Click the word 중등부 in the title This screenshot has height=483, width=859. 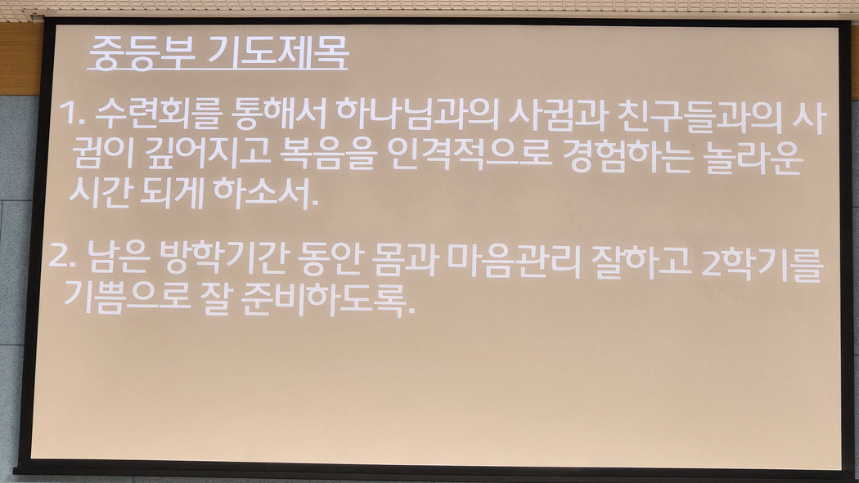pos(142,53)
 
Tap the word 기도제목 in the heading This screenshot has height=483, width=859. pos(278,52)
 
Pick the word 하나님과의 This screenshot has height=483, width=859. pos(417,114)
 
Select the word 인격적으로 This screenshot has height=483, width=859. pos(470,154)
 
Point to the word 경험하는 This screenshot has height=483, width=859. pos(627,156)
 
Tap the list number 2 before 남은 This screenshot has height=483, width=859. pos(62,256)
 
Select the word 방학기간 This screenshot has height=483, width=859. pos(224,257)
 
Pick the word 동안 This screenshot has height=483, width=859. pos(331,258)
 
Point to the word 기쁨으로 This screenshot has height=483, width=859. pos(127,297)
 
